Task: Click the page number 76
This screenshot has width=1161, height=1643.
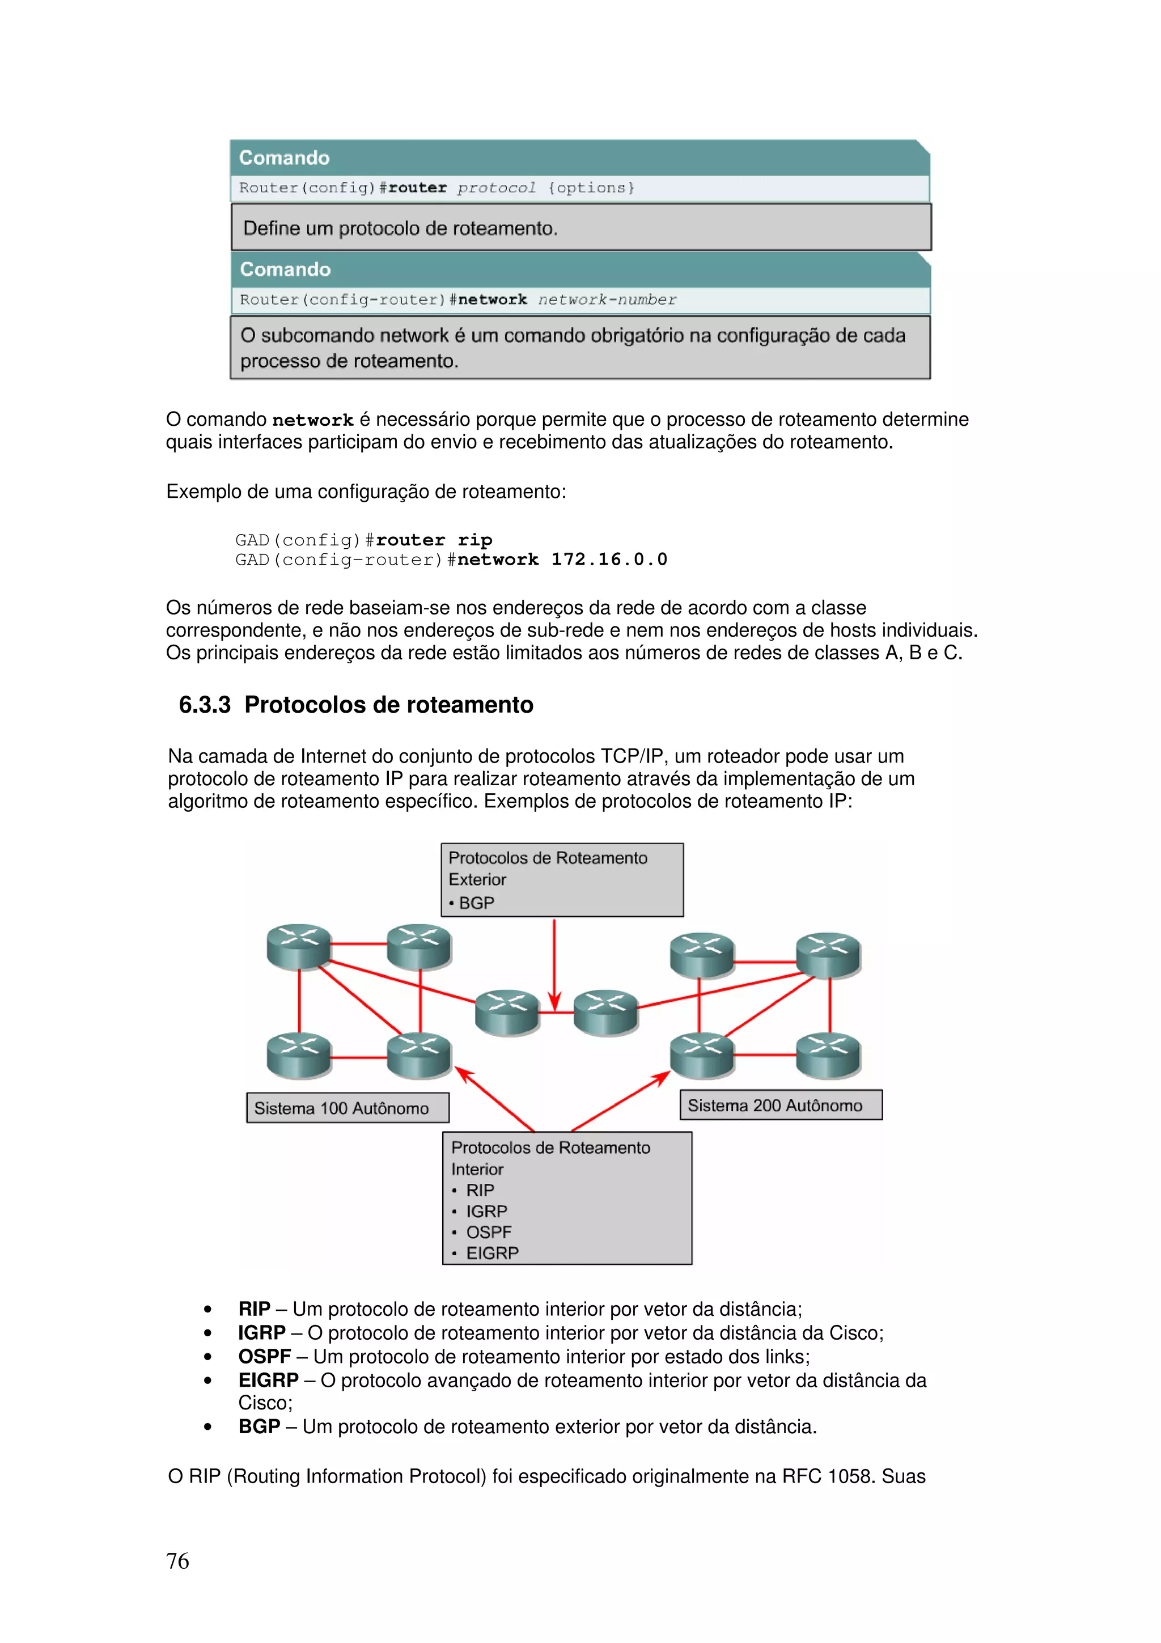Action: tap(177, 1561)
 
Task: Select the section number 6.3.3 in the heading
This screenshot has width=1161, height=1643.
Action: tap(205, 705)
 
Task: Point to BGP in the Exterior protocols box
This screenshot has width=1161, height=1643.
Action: tap(476, 903)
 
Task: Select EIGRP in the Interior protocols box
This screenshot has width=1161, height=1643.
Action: tap(492, 1252)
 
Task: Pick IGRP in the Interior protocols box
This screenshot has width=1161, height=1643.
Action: tap(486, 1211)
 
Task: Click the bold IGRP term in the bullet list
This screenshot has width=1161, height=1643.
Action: tap(262, 1332)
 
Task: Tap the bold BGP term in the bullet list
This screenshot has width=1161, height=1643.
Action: tap(259, 1426)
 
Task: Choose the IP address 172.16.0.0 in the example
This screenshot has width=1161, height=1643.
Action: tap(609, 559)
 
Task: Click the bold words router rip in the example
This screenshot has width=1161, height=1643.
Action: tap(434, 540)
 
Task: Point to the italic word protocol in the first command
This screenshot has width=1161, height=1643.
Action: tap(497, 188)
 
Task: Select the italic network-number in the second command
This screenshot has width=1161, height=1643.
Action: tap(607, 299)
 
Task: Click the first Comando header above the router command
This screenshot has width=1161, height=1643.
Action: tap(285, 158)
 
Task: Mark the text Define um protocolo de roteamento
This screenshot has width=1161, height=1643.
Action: tap(400, 228)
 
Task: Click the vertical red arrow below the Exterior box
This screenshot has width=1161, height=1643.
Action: tap(554, 963)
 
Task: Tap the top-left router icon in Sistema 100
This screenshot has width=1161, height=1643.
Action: tap(298, 946)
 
